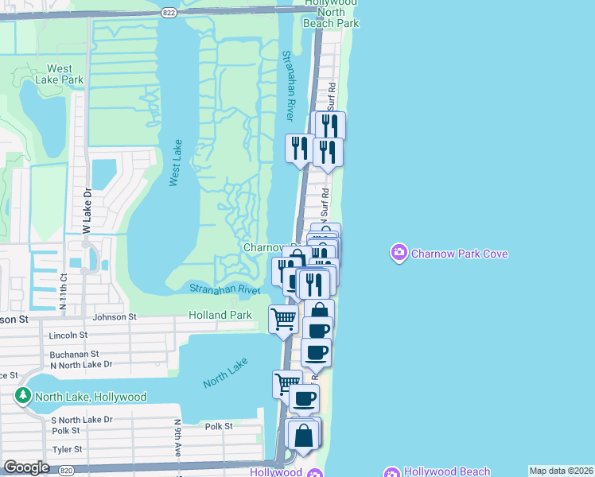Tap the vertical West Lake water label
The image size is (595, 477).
point(176,163)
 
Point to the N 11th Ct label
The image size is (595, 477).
point(63,291)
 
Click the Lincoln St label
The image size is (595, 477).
point(67,335)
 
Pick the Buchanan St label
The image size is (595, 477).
point(73,354)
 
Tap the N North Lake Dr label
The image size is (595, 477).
point(81,364)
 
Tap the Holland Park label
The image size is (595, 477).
point(220,316)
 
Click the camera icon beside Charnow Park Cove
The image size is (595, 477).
point(399,254)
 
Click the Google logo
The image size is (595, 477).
point(27,467)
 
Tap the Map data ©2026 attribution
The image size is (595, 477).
point(561,471)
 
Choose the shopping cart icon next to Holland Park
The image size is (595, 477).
point(283,320)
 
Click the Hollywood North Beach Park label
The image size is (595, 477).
point(331,14)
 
